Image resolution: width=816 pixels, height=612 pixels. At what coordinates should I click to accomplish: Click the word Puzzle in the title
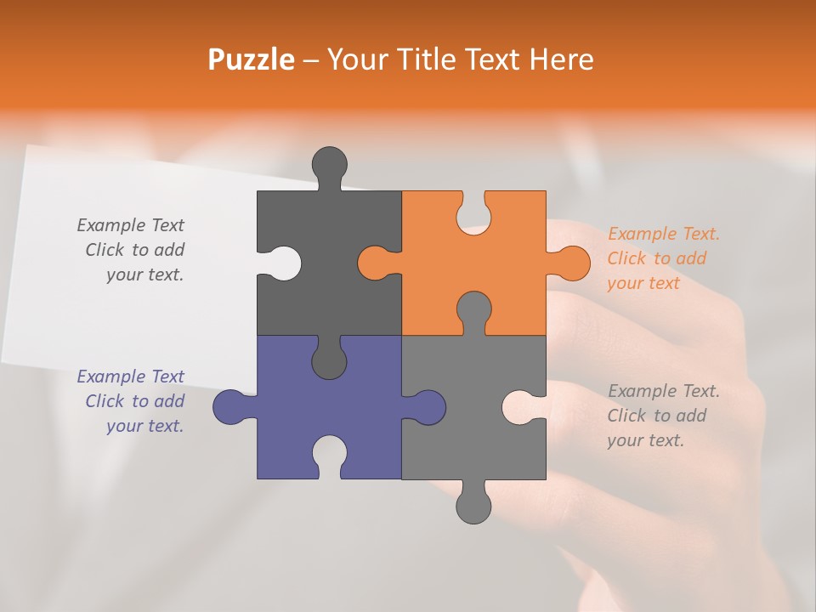[251, 59]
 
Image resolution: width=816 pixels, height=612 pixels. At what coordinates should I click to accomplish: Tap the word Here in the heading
[560, 59]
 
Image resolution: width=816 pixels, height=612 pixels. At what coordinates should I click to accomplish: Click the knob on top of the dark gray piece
[329, 164]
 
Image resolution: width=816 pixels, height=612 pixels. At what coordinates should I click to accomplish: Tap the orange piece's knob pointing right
[571, 263]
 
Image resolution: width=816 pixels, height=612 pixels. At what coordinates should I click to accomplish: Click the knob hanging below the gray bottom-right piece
[473, 506]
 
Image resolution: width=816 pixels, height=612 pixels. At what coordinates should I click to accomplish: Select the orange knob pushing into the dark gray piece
[375, 263]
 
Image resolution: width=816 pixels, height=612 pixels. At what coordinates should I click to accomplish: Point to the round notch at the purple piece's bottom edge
[329, 454]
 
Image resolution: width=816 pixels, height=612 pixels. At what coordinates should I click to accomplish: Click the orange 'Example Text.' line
[663, 234]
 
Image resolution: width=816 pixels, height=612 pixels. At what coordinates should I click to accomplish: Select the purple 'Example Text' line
[130, 377]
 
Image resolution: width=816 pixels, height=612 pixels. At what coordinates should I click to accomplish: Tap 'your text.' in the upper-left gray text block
[144, 275]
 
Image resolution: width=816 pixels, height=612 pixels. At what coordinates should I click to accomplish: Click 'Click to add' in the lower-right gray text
[656, 416]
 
